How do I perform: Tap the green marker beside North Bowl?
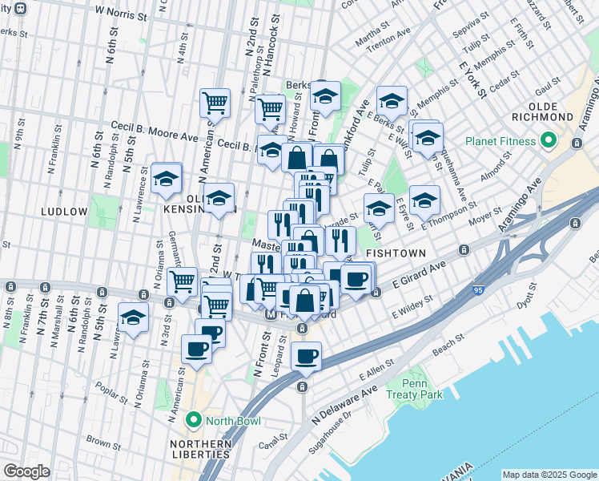tap(193, 420)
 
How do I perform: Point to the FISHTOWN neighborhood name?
tap(393, 253)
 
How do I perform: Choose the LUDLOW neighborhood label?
tap(64, 212)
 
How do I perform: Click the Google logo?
tap(26, 471)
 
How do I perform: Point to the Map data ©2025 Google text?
tap(549, 475)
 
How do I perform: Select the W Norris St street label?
tap(122, 13)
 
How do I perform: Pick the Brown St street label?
tap(103, 441)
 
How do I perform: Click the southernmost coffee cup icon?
tap(306, 356)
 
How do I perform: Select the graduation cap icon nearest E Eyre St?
tap(424, 200)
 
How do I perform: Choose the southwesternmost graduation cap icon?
tap(133, 316)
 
